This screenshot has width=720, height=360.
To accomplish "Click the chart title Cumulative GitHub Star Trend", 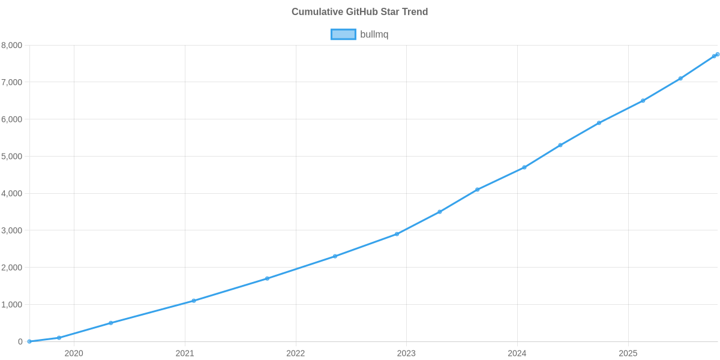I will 359,12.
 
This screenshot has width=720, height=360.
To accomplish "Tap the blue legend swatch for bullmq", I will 343,35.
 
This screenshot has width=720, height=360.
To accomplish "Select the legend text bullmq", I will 374,35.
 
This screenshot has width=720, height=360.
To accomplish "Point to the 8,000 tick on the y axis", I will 12,46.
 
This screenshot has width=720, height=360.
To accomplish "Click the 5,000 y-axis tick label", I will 12,157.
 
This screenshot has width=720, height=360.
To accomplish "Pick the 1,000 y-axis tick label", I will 12,305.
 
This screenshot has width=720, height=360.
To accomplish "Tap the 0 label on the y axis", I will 20,342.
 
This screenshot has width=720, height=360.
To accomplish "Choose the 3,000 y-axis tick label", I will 12,230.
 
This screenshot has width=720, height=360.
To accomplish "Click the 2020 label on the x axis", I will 74,353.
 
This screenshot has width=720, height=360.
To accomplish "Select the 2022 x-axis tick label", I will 295,353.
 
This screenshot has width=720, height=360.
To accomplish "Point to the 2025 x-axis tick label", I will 628,353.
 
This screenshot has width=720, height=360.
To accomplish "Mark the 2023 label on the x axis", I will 406,353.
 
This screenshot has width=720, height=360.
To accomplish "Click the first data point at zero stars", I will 29,341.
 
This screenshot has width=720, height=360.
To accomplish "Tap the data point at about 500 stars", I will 111,323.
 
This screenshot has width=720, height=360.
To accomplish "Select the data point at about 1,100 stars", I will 193,301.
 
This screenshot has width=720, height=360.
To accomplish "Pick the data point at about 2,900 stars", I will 397,234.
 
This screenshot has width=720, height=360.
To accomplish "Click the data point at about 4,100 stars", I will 478,190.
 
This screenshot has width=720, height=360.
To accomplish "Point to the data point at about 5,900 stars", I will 599,123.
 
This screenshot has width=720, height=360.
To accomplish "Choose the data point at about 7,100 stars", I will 680,79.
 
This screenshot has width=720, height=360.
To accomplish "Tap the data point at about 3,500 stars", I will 440,212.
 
